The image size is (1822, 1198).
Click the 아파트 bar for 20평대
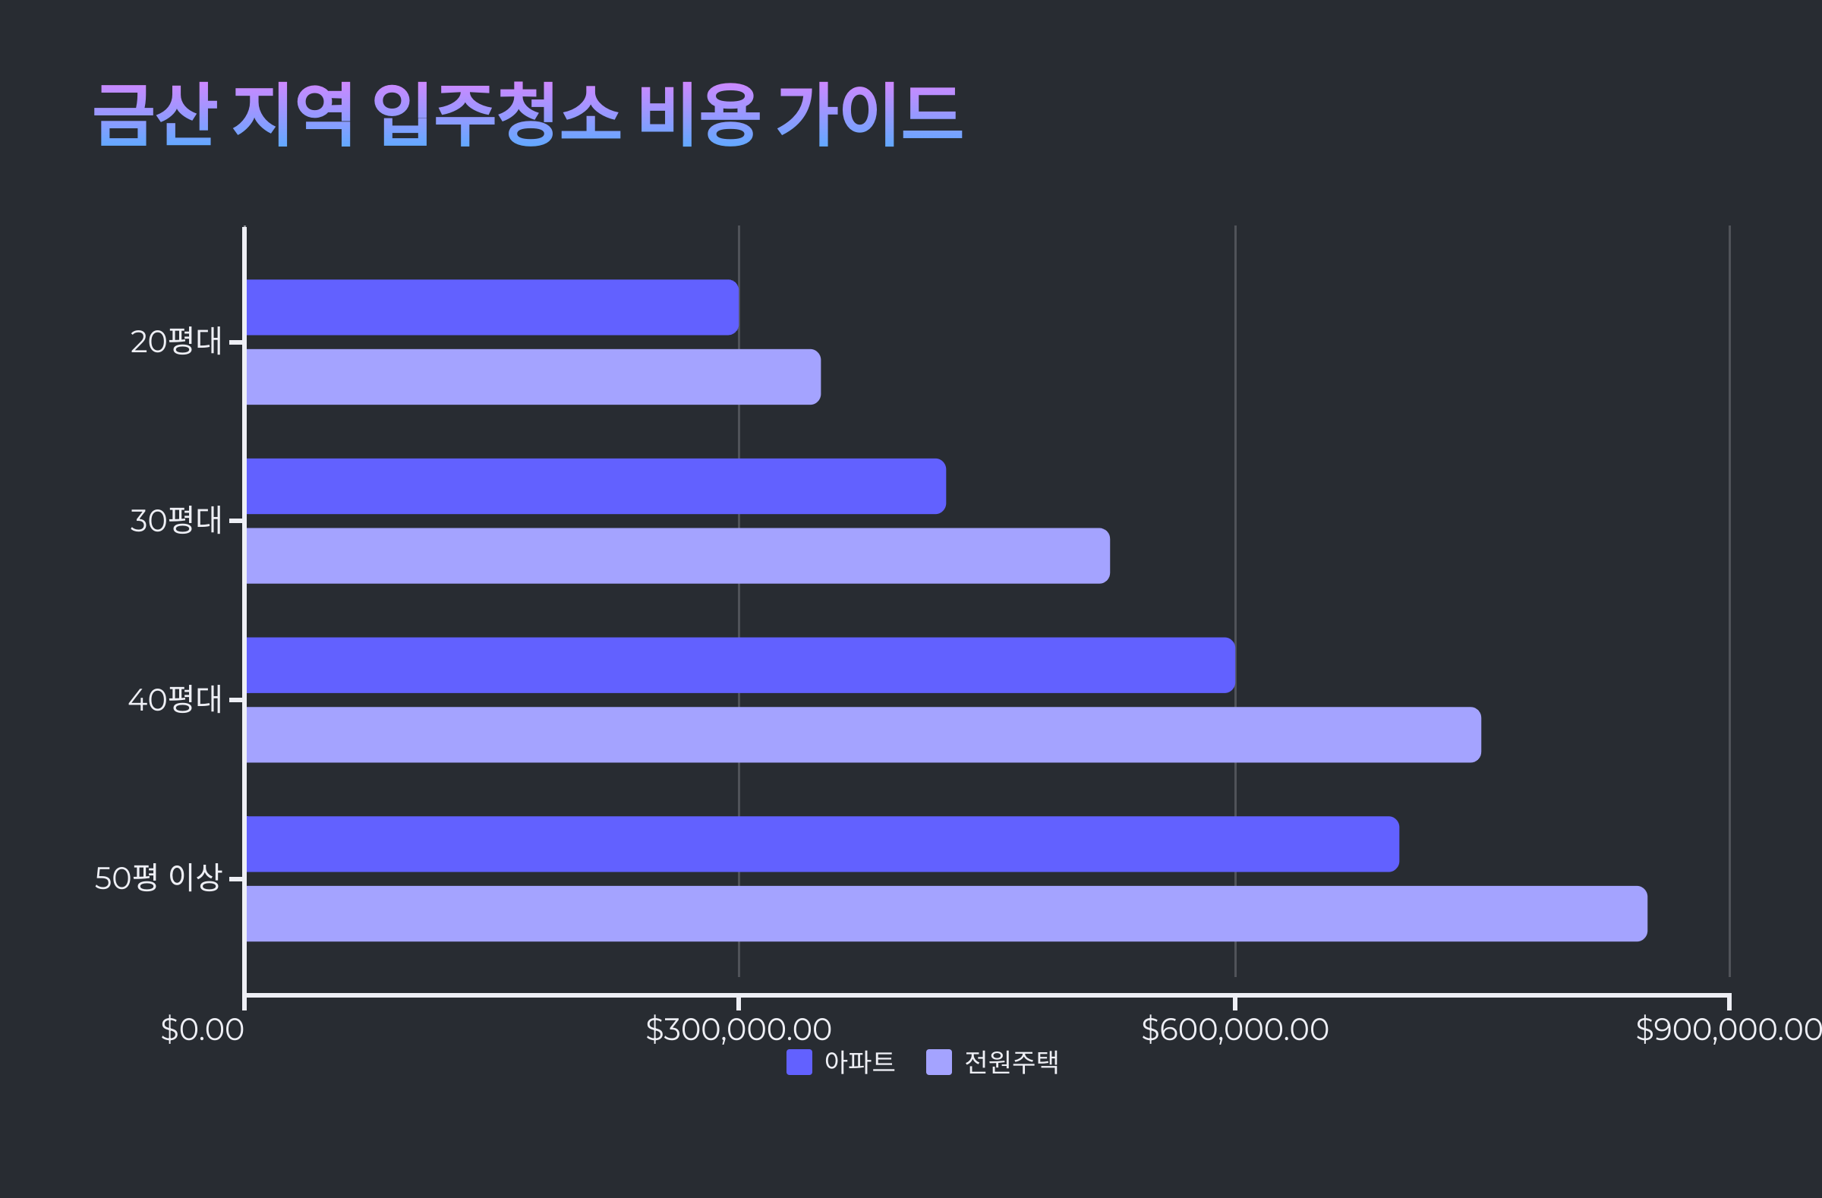click(x=491, y=307)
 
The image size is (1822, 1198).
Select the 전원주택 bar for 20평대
click(x=533, y=377)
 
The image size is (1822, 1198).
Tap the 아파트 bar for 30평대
click(x=596, y=486)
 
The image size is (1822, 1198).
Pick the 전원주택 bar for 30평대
click(x=677, y=556)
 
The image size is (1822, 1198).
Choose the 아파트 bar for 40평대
click(x=740, y=665)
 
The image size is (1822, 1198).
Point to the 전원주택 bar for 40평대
click(x=862, y=735)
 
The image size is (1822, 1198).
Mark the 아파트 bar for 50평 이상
click(x=822, y=844)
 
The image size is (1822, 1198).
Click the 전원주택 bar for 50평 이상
click(x=946, y=914)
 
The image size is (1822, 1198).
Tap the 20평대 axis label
click(x=176, y=342)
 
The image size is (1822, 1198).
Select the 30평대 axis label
click(x=176, y=521)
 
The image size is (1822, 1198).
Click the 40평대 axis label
click(x=175, y=700)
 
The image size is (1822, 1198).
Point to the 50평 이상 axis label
click(x=158, y=878)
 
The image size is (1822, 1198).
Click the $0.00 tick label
click(x=202, y=1030)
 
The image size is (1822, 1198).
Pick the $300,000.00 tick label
click(x=738, y=1030)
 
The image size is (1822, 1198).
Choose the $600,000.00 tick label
click(x=1234, y=1030)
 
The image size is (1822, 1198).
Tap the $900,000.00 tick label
click(x=1728, y=1030)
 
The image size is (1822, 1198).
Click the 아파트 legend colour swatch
click(x=799, y=1063)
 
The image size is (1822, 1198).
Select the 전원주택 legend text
click(x=1010, y=1063)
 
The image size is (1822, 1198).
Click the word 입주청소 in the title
click(x=495, y=115)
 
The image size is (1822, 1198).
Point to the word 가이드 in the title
click(x=870, y=115)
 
